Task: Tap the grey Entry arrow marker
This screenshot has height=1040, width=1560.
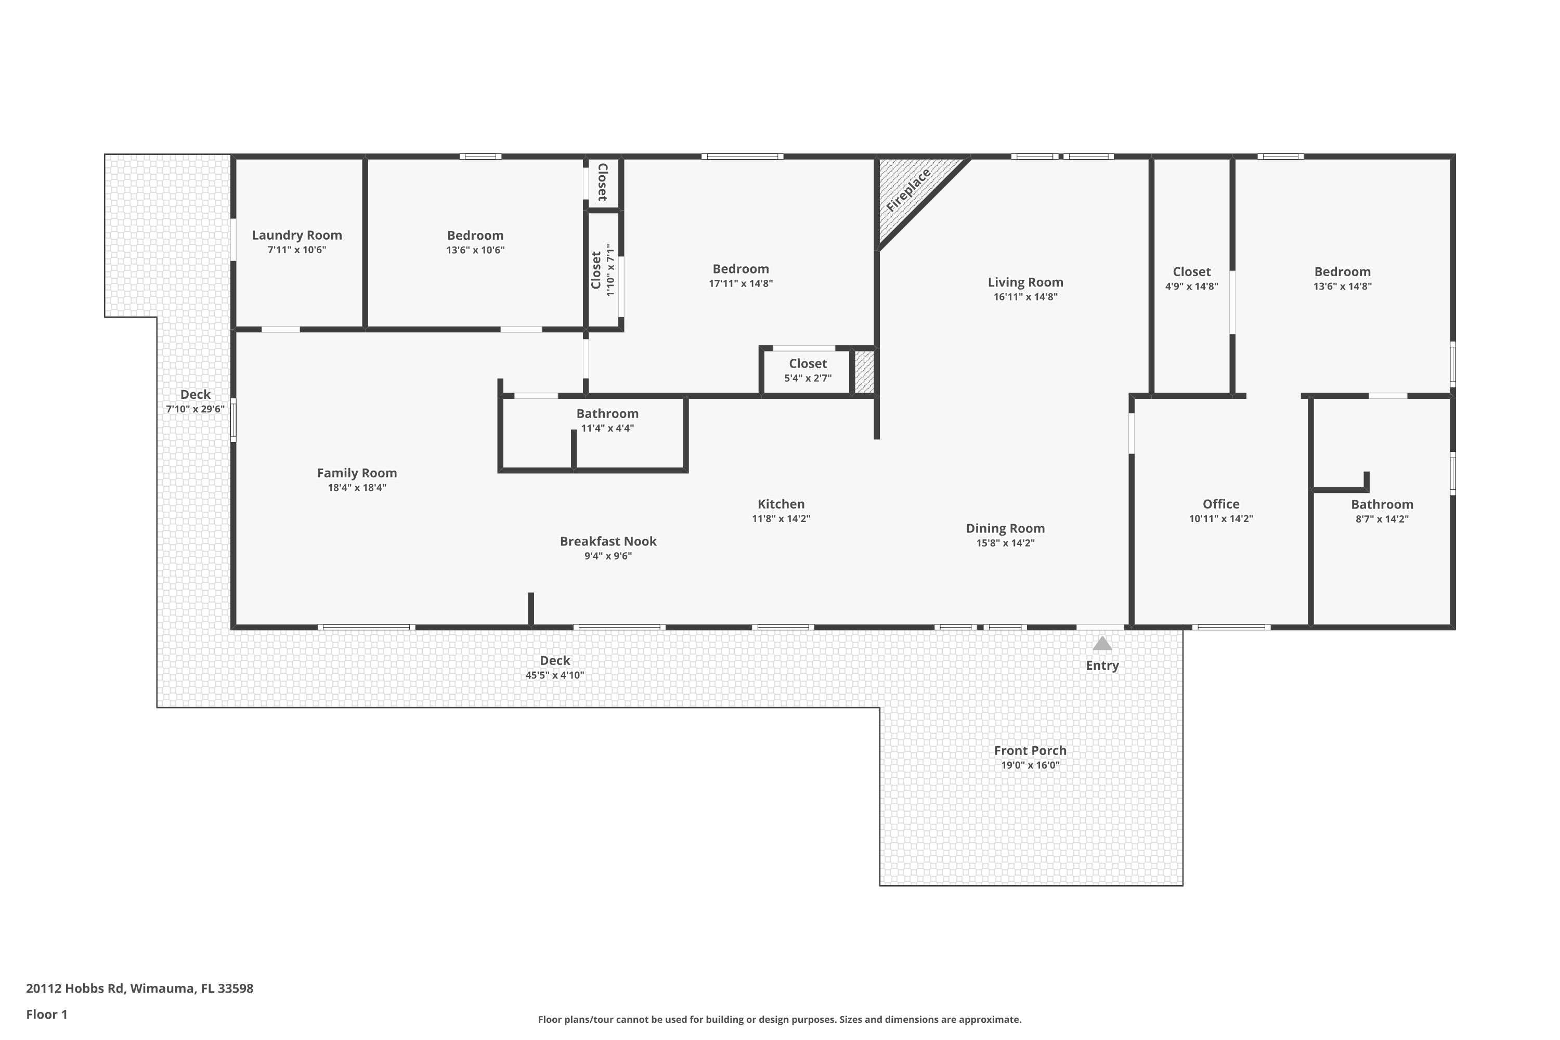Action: coord(1102,643)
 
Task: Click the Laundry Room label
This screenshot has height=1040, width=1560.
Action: coord(296,236)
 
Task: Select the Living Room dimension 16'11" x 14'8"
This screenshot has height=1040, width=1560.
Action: coord(1025,297)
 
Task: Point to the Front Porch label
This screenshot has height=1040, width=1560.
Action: coord(1030,750)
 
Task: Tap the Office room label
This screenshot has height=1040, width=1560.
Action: coord(1220,504)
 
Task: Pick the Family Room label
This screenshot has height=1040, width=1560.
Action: coord(356,473)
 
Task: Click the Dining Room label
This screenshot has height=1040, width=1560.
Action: coord(1005,529)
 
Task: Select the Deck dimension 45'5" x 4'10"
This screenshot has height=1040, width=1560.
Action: coord(554,675)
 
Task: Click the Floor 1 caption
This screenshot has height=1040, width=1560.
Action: coord(46,1014)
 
